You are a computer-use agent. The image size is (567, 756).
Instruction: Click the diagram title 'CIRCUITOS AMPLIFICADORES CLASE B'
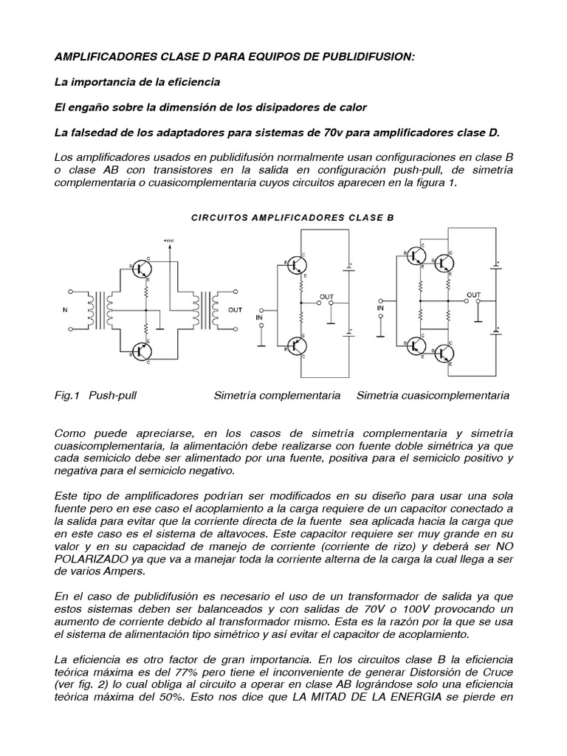pos(283,218)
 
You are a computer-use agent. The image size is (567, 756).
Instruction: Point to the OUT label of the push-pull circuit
pos(236,310)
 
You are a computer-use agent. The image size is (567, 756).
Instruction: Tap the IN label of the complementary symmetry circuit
pos(259,317)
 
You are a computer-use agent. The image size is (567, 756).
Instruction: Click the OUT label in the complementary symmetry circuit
pos(326,296)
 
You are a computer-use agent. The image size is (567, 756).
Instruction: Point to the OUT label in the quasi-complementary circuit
pos(474,294)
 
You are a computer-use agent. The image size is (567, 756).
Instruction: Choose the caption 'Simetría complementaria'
pos(277,396)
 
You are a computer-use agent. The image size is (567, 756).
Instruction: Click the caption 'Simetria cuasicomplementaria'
pos(433,396)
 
